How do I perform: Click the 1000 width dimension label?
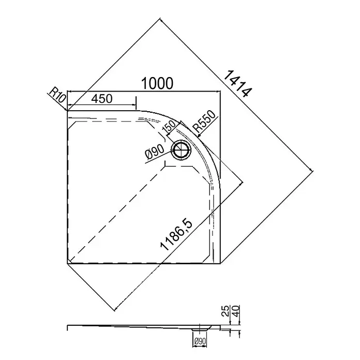[x=157, y=83]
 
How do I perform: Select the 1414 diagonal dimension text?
[x=238, y=84]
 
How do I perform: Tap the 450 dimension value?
[x=102, y=99]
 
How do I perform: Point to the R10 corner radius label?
[x=57, y=95]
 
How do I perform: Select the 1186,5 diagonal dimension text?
[x=176, y=235]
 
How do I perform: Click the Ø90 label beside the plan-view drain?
[x=155, y=152]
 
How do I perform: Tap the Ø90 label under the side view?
[x=200, y=341]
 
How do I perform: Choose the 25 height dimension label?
[x=226, y=311]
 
